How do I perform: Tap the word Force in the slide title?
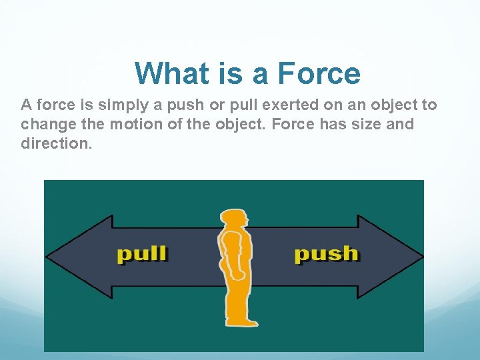coord(319,73)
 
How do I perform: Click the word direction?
coord(56,143)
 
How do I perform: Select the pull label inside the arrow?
coord(142,255)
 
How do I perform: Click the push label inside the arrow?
coord(326,254)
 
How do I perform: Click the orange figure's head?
coord(234,220)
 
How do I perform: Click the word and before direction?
coord(400,125)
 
